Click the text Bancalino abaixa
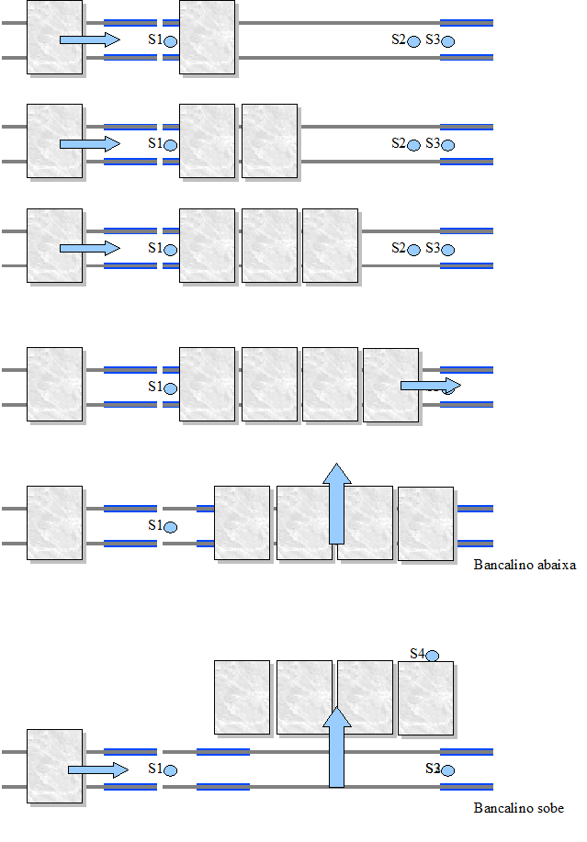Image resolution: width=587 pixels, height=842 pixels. pyautogui.click(x=525, y=566)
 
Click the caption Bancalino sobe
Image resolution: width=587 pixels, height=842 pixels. pyautogui.click(x=518, y=809)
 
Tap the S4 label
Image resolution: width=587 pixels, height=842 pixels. pyautogui.click(x=417, y=654)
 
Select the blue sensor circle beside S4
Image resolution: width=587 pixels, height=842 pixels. pyautogui.click(x=432, y=656)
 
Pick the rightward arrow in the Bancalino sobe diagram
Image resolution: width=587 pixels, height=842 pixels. pyautogui.click(x=97, y=769)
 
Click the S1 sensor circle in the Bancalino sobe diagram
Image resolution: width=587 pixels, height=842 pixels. pyautogui.click(x=170, y=769)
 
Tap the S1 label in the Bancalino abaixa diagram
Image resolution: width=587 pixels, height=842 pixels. pyautogui.click(x=155, y=525)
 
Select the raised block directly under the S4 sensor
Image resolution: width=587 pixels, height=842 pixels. pyautogui.click(x=425, y=698)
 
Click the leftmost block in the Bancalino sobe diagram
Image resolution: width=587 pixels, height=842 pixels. pyautogui.click(x=55, y=767)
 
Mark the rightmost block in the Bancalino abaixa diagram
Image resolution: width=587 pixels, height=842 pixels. pyautogui.click(x=425, y=523)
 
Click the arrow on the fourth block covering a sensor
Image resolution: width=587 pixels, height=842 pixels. pyautogui.click(x=430, y=385)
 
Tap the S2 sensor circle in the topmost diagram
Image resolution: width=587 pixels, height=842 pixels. pyautogui.click(x=414, y=41)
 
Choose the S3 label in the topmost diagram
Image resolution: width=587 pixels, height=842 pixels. pyautogui.click(x=433, y=39)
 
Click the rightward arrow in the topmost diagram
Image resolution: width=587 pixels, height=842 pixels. pyautogui.click(x=89, y=39)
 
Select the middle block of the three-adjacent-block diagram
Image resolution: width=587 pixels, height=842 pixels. pyautogui.click(x=269, y=245)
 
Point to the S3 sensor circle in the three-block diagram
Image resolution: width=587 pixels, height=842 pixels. pyautogui.click(x=447, y=250)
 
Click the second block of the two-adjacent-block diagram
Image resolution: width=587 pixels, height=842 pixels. pyautogui.click(x=269, y=140)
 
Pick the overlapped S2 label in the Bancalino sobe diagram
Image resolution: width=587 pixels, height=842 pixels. pyautogui.click(x=433, y=768)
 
